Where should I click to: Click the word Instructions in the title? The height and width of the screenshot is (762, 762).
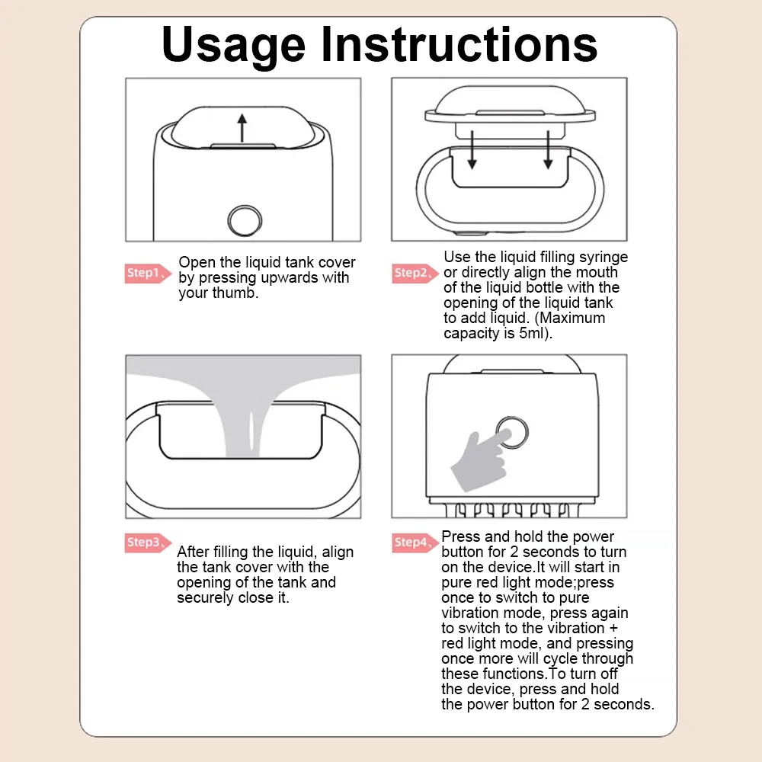click(x=459, y=44)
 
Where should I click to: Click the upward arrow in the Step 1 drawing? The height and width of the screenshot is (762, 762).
click(x=242, y=128)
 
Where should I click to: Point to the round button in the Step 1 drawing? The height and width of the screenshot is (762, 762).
click(x=245, y=220)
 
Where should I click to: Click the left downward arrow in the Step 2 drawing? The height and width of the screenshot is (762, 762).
click(x=472, y=149)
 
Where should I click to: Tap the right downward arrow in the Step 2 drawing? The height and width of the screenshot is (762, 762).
click(x=548, y=149)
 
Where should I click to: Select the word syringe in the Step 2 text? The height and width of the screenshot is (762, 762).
click(x=604, y=258)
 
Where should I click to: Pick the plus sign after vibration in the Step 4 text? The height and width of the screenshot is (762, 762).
click(x=613, y=629)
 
